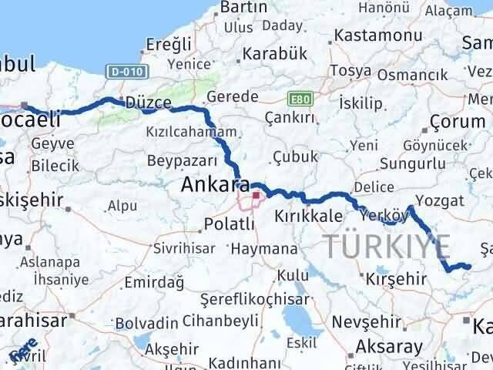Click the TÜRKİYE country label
(x=387, y=246)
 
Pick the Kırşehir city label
(x=396, y=277)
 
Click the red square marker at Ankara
(x=256, y=196)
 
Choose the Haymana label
(x=263, y=250)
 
